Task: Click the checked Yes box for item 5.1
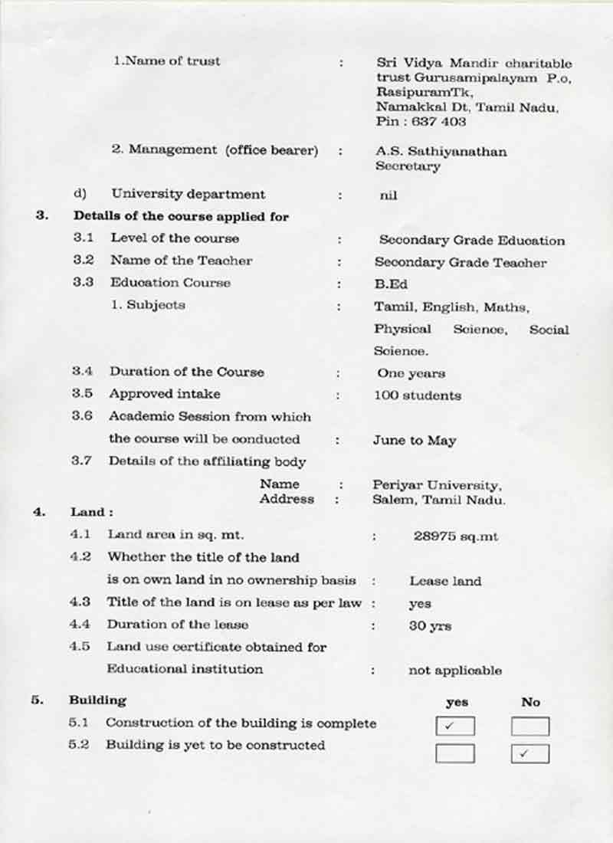click(x=454, y=726)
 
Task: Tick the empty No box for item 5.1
click(x=530, y=726)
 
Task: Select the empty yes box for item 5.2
click(x=454, y=753)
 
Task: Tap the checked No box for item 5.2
click(x=530, y=753)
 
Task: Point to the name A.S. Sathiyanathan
click(x=441, y=152)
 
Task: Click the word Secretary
click(x=408, y=166)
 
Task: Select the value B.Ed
click(x=391, y=284)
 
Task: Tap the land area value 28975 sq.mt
click(x=455, y=536)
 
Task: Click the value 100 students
click(x=418, y=395)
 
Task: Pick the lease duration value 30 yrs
click(x=430, y=625)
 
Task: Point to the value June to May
click(x=415, y=441)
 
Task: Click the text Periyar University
click(x=437, y=485)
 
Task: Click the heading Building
click(x=97, y=700)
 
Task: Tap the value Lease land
click(x=445, y=581)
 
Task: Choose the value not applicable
click(x=455, y=671)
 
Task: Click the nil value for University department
click(x=388, y=195)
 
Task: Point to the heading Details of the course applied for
click(x=181, y=217)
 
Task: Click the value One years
click(x=411, y=374)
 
